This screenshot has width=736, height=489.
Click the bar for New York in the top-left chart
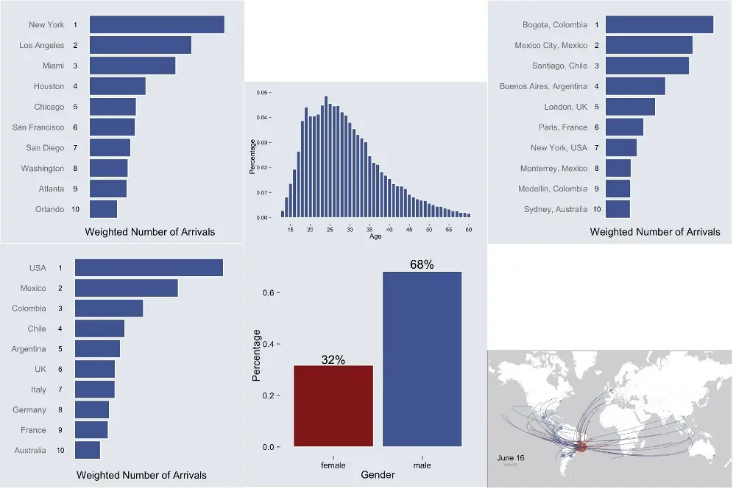coord(157,24)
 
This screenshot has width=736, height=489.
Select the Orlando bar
coord(103,209)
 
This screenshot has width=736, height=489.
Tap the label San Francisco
coord(38,127)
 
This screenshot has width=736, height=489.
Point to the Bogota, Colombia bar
coord(659,25)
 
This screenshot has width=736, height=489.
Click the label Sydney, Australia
coord(556,210)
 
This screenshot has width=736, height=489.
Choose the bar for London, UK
coord(630,107)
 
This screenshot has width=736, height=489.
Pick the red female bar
coord(333,406)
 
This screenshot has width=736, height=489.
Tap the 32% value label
coord(333,359)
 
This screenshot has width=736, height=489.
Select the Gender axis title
coord(378,475)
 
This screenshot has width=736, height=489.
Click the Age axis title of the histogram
coord(375,236)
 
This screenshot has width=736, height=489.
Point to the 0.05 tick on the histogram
coord(261,93)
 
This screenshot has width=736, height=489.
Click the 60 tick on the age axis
coord(469,230)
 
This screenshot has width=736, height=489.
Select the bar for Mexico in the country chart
coord(127,289)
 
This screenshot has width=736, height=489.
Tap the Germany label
coord(29,410)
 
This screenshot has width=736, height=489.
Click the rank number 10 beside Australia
coord(61,451)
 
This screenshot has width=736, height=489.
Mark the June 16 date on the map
coord(511,458)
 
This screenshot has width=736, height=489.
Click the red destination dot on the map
coord(581,446)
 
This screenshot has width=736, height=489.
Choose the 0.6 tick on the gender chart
coord(269,293)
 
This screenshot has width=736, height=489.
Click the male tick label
coord(422,465)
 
